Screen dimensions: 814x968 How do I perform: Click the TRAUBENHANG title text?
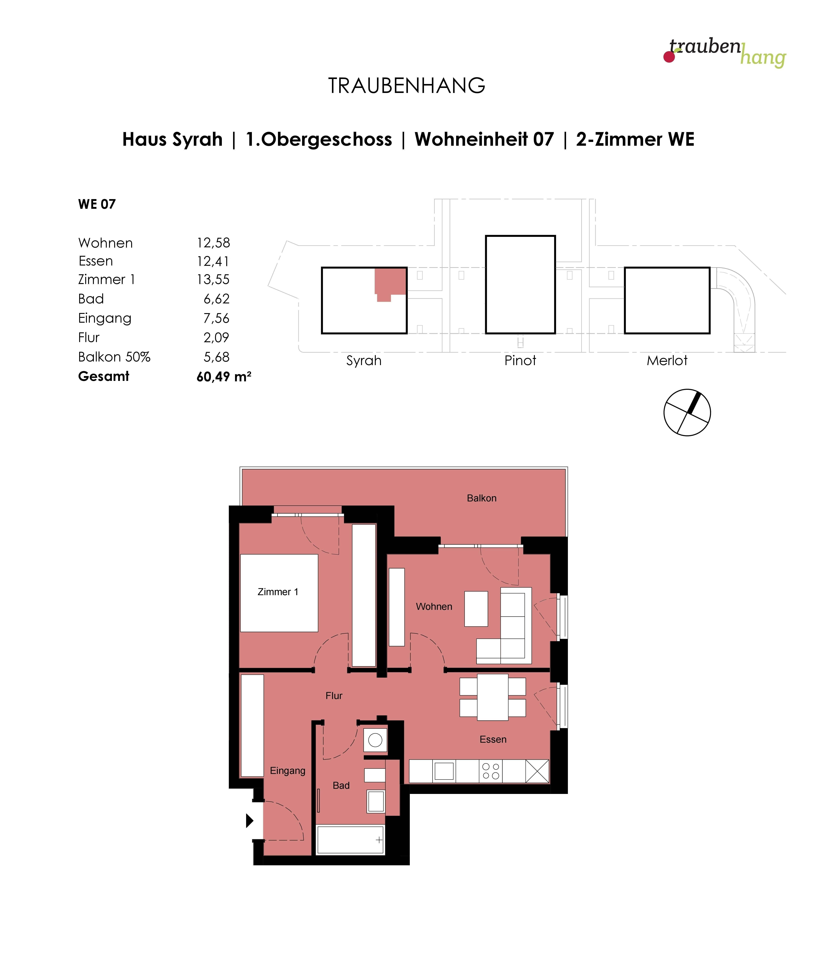pos(407,86)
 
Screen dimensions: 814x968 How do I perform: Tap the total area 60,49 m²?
pos(224,376)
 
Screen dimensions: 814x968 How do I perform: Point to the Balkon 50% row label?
pos(114,357)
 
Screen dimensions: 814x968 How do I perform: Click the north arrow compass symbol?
pos(687,412)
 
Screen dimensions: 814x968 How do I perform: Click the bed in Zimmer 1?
pos(279,593)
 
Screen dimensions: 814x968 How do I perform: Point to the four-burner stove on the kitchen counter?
pos(491,771)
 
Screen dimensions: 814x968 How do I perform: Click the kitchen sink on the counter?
pos(444,771)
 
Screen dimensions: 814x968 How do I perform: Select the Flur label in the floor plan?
pos(334,696)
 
